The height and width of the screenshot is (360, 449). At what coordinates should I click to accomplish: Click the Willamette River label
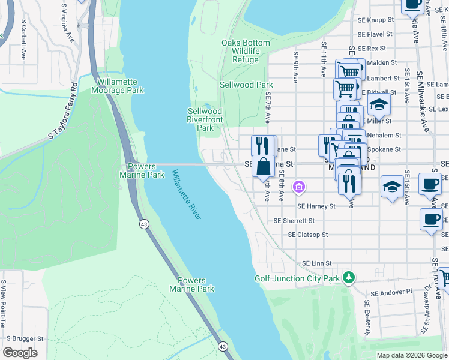click(187, 195)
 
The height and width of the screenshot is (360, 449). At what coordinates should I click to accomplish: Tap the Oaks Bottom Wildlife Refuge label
click(246, 52)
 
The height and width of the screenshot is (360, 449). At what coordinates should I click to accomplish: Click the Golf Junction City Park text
click(297, 278)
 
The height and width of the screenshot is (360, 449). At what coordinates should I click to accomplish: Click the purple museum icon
click(298, 188)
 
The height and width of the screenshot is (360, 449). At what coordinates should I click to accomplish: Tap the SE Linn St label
click(317, 263)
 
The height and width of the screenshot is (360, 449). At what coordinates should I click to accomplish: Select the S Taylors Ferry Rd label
click(65, 110)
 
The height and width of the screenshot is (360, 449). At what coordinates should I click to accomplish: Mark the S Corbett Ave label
click(24, 39)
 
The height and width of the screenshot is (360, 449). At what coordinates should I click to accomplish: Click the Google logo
click(20, 353)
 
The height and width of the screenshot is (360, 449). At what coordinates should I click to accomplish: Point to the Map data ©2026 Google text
click(412, 355)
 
